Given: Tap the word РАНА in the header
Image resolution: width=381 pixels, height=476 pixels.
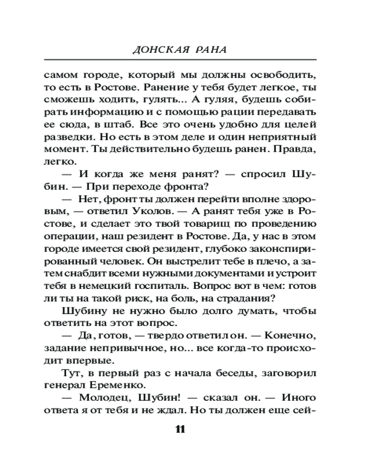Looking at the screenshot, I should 211,50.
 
